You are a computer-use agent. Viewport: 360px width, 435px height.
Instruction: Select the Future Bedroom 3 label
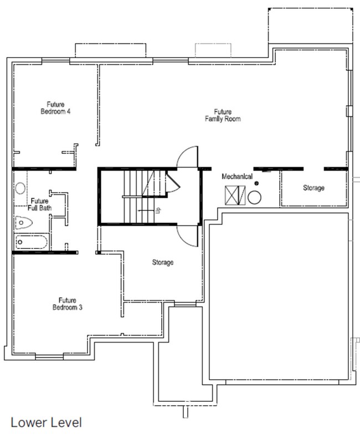[x=68, y=303]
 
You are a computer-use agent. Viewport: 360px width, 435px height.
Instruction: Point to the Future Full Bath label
[x=39, y=204]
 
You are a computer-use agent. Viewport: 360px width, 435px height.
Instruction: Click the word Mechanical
[x=238, y=177]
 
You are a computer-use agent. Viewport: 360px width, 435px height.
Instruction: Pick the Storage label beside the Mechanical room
[x=313, y=188]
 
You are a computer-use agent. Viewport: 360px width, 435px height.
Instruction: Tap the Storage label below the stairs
[x=163, y=262]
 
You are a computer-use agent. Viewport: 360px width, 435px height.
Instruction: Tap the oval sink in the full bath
[x=20, y=188]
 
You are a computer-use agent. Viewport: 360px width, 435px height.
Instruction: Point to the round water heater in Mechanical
[x=255, y=197]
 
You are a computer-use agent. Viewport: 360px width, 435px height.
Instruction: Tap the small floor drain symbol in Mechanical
[x=256, y=184]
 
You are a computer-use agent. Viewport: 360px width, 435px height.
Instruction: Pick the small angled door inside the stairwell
[x=172, y=182]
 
